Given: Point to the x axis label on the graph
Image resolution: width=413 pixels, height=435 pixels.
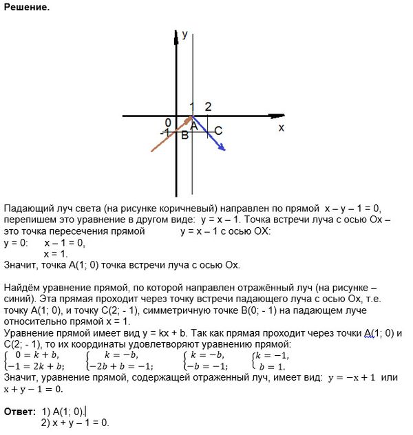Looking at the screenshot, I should pyautogui.click(x=281, y=128).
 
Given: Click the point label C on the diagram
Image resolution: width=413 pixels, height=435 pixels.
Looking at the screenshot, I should pyautogui.click(x=218, y=130).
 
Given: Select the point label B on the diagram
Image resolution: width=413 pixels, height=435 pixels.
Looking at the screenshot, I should pyautogui.click(x=184, y=135).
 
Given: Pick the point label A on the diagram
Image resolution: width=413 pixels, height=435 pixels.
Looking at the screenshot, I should pyautogui.click(x=194, y=126).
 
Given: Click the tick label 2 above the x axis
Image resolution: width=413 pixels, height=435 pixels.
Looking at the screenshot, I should pyautogui.click(x=207, y=106).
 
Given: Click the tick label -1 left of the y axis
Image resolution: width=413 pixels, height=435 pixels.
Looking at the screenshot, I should pyautogui.click(x=166, y=132).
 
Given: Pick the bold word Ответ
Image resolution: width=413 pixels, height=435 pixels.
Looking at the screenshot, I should pyautogui.click(x=19, y=411).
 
